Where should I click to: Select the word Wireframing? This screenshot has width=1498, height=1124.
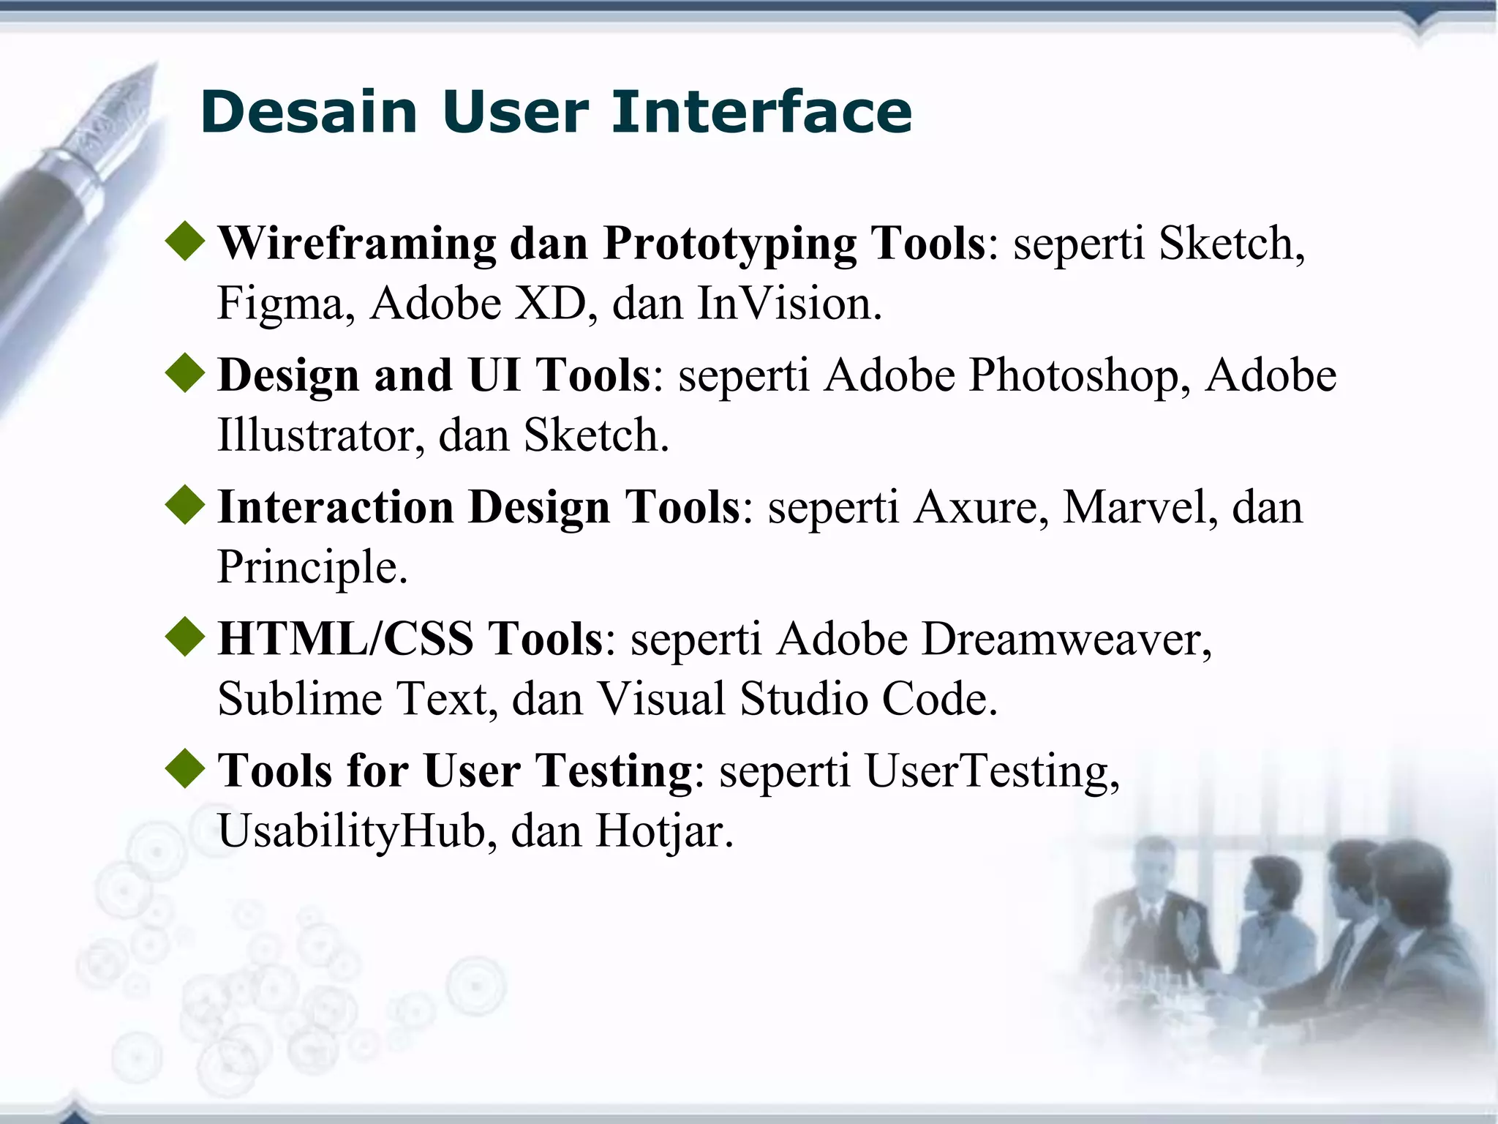(x=357, y=244)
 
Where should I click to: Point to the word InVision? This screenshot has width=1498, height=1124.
(x=789, y=304)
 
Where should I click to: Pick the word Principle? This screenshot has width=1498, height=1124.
(x=312, y=567)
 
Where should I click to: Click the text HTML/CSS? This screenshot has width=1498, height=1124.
(x=346, y=639)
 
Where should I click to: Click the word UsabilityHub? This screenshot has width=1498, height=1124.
(x=352, y=831)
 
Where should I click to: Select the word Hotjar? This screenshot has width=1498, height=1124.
(x=664, y=831)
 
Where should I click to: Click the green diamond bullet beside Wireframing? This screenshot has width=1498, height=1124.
(x=185, y=241)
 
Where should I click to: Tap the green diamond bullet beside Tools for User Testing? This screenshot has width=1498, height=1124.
(x=185, y=768)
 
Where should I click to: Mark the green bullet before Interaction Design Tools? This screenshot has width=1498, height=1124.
(x=185, y=505)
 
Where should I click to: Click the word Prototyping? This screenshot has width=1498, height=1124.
(x=729, y=244)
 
